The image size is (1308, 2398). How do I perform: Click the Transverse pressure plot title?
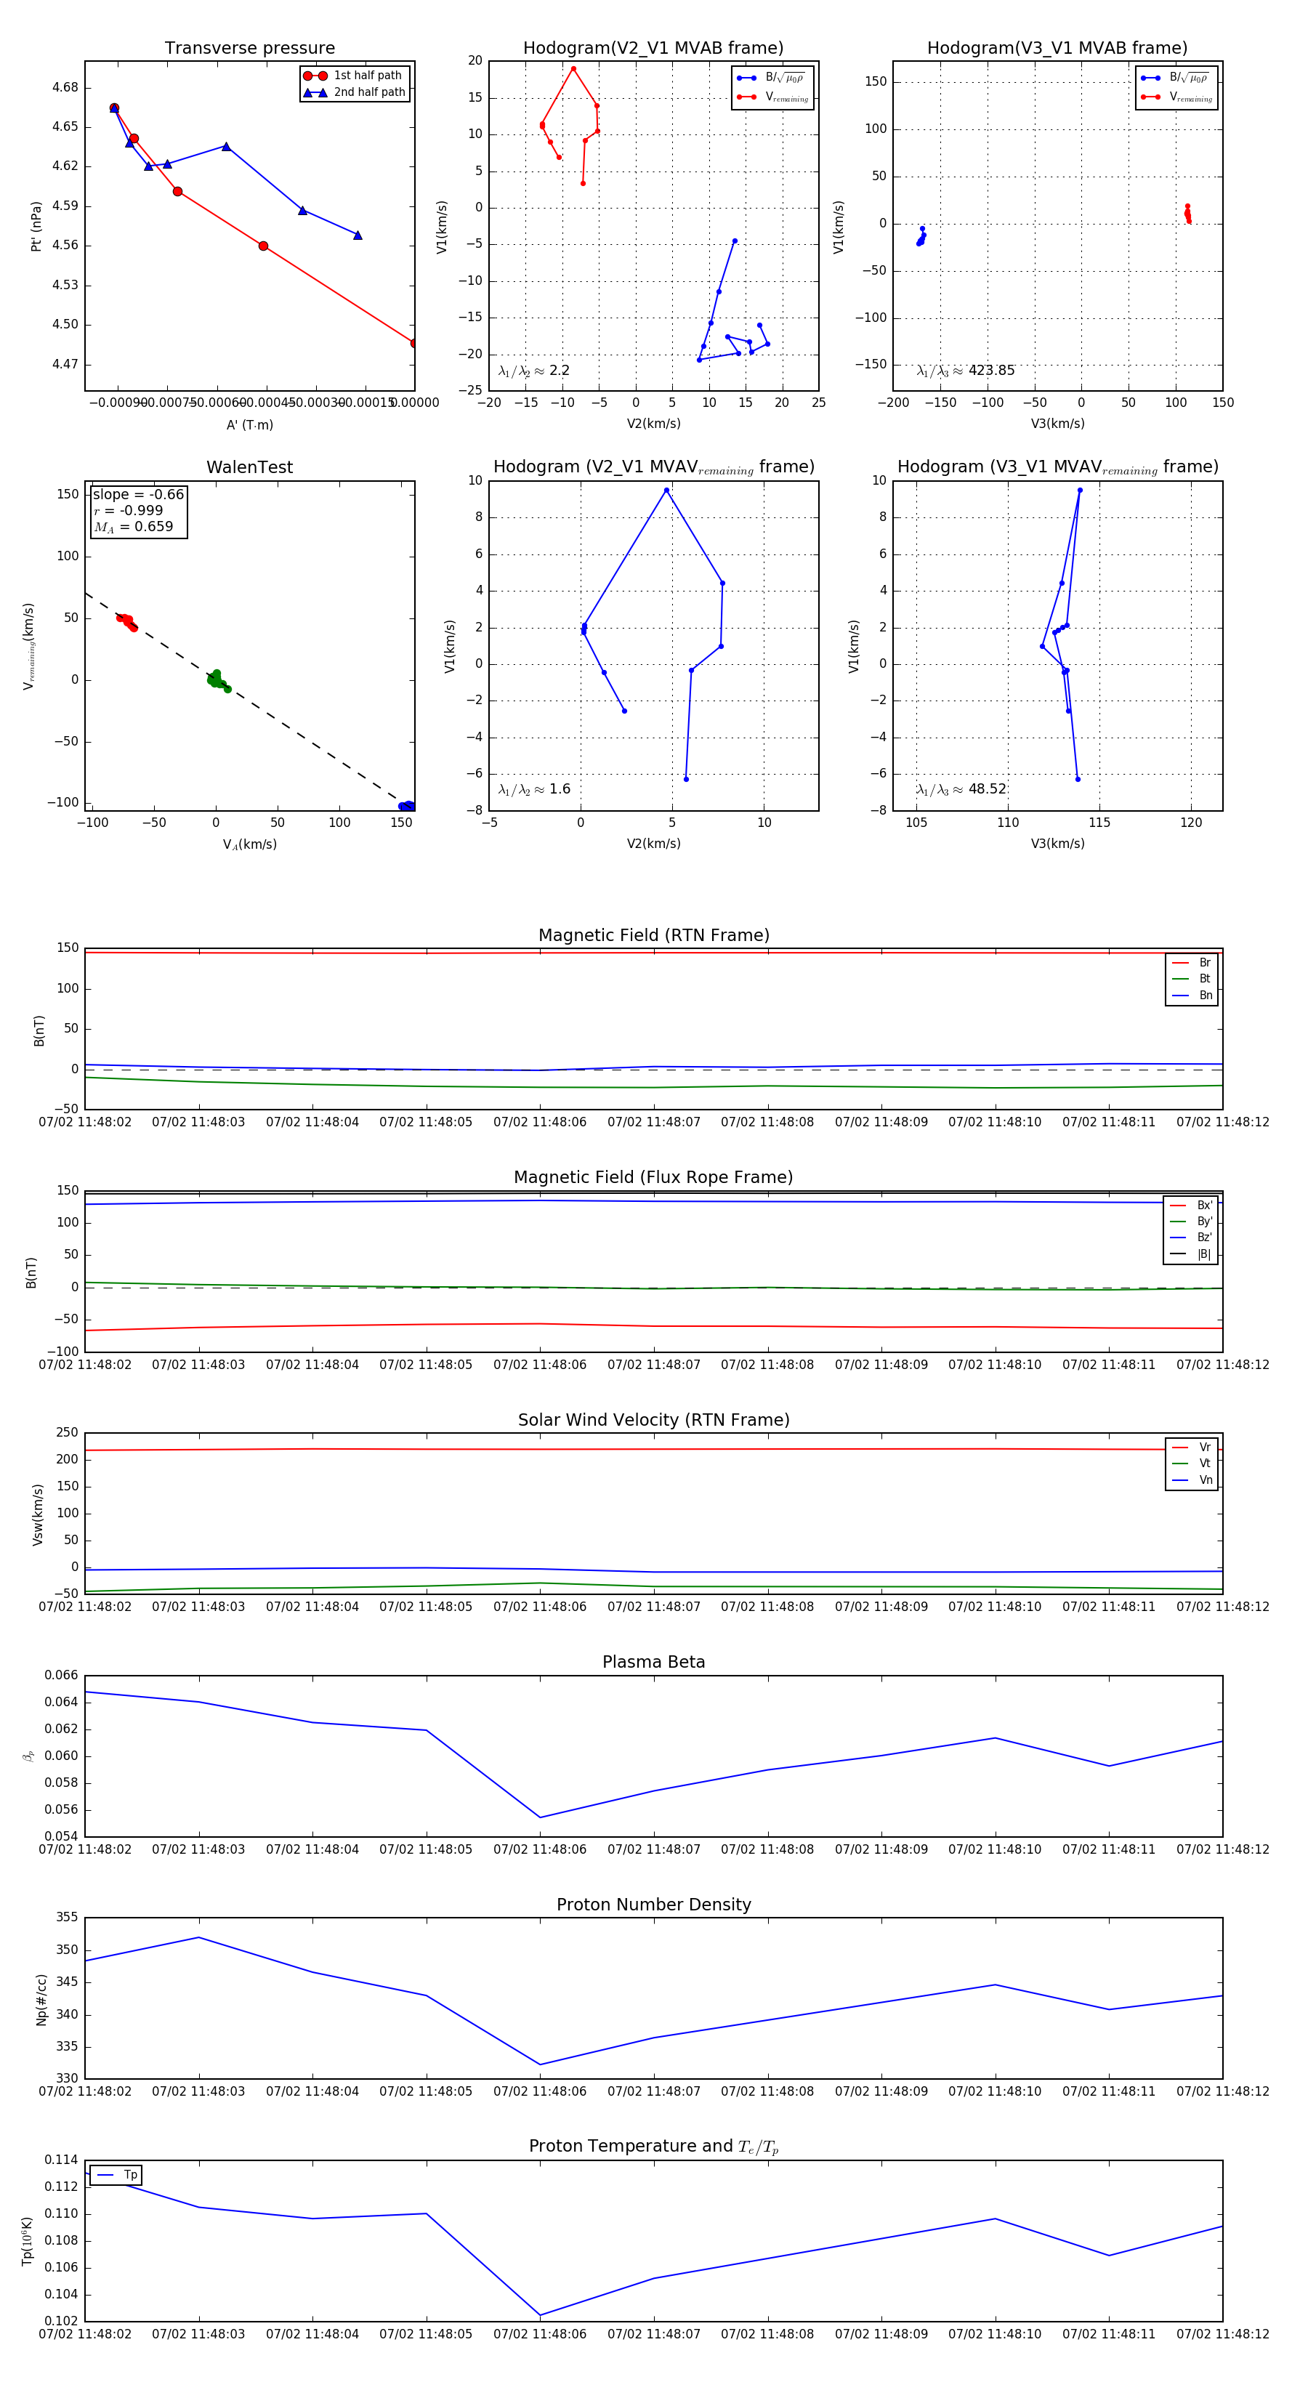pyautogui.click(x=249, y=49)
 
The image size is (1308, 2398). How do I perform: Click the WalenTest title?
pyautogui.click(x=249, y=467)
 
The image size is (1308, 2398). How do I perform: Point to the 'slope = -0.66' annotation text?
pyautogui.click(x=138, y=494)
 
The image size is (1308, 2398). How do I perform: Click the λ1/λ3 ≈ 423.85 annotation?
pyautogui.click(x=966, y=371)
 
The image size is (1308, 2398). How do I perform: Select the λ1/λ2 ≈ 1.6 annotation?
pyautogui.click(x=534, y=789)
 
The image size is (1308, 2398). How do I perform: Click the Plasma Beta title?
pyautogui.click(x=653, y=1663)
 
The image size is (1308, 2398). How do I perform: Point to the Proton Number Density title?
pyautogui.click(x=653, y=1905)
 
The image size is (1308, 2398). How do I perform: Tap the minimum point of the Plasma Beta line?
pyautogui.click(x=540, y=1817)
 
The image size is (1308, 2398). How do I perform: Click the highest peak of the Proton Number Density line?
pyautogui.click(x=198, y=1937)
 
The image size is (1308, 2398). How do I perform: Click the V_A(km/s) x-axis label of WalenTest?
pyautogui.click(x=249, y=844)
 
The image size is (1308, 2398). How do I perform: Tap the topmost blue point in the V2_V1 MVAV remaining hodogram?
pyautogui.click(x=666, y=490)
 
